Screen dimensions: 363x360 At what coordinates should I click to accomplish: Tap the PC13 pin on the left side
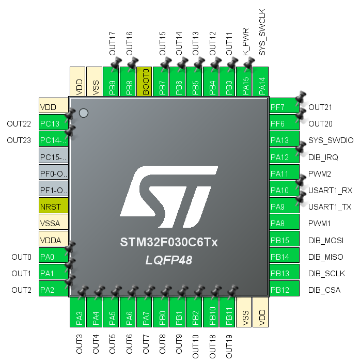click(54, 123)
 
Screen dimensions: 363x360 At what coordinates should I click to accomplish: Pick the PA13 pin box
click(284, 140)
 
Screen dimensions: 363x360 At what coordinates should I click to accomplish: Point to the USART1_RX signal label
click(330, 191)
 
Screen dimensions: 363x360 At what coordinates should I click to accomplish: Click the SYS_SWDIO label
click(331, 140)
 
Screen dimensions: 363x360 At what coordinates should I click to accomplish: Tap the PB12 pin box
click(284, 290)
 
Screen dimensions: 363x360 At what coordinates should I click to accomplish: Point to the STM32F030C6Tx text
click(168, 242)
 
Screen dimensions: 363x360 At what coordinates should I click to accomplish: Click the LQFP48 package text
click(168, 261)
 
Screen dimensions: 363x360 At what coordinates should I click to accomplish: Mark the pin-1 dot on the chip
click(84, 112)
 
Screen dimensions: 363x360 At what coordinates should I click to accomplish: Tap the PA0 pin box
click(54, 257)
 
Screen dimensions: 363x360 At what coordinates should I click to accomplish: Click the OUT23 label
click(20, 140)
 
